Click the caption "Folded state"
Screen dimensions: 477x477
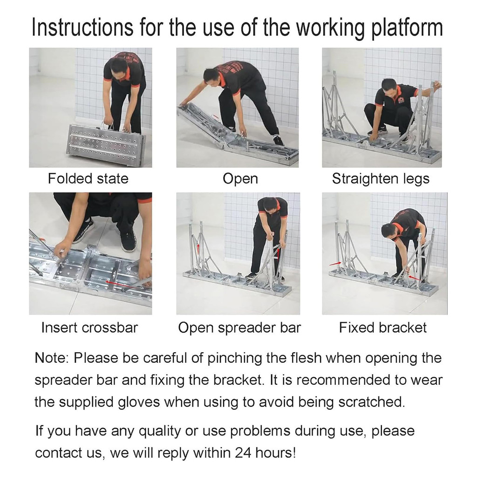tap(88, 178)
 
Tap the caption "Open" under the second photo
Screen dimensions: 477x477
tap(240, 179)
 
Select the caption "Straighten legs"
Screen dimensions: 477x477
tap(381, 179)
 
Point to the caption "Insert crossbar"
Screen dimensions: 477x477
tap(89, 327)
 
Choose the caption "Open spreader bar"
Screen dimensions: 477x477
tap(239, 328)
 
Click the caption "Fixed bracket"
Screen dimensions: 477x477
tap(383, 327)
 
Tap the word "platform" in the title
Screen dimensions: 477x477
tap(407, 28)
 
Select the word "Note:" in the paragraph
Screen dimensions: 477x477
tap(52, 358)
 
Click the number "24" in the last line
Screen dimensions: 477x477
tap(243, 453)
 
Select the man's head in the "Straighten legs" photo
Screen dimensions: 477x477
tap(389, 88)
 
